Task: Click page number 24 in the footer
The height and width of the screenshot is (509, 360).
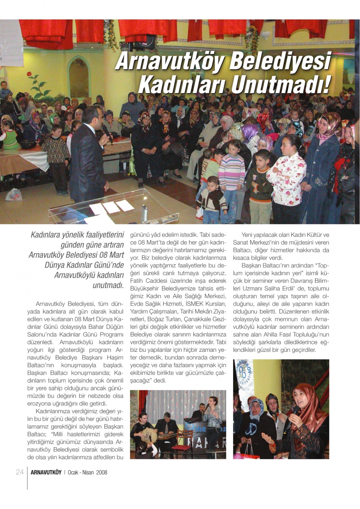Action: point(20,472)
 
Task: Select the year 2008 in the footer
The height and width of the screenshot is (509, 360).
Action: point(102,473)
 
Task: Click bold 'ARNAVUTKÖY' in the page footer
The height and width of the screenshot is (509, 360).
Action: point(46,473)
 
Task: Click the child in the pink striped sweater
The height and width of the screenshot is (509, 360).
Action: point(231,169)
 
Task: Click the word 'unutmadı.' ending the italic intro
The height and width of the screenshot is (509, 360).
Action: point(108,286)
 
